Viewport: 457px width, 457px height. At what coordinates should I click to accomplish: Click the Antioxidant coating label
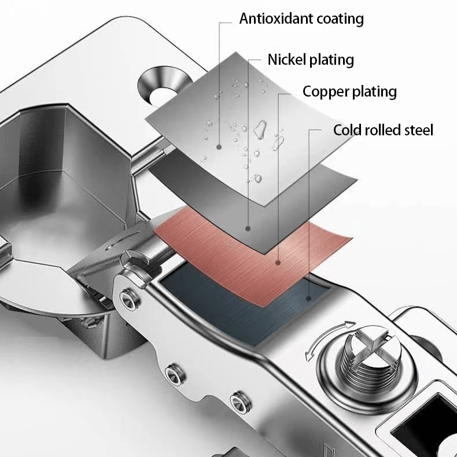[301, 19]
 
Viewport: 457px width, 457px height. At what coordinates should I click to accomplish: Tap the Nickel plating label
[311, 60]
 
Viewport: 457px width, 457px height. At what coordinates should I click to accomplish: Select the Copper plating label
[349, 91]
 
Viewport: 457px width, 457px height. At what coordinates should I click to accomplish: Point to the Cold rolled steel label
[383, 130]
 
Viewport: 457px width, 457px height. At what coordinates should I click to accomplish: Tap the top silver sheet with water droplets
[226, 110]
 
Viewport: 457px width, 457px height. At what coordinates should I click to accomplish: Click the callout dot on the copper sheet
[278, 264]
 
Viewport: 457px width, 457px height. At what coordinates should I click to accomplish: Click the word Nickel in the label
[286, 60]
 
